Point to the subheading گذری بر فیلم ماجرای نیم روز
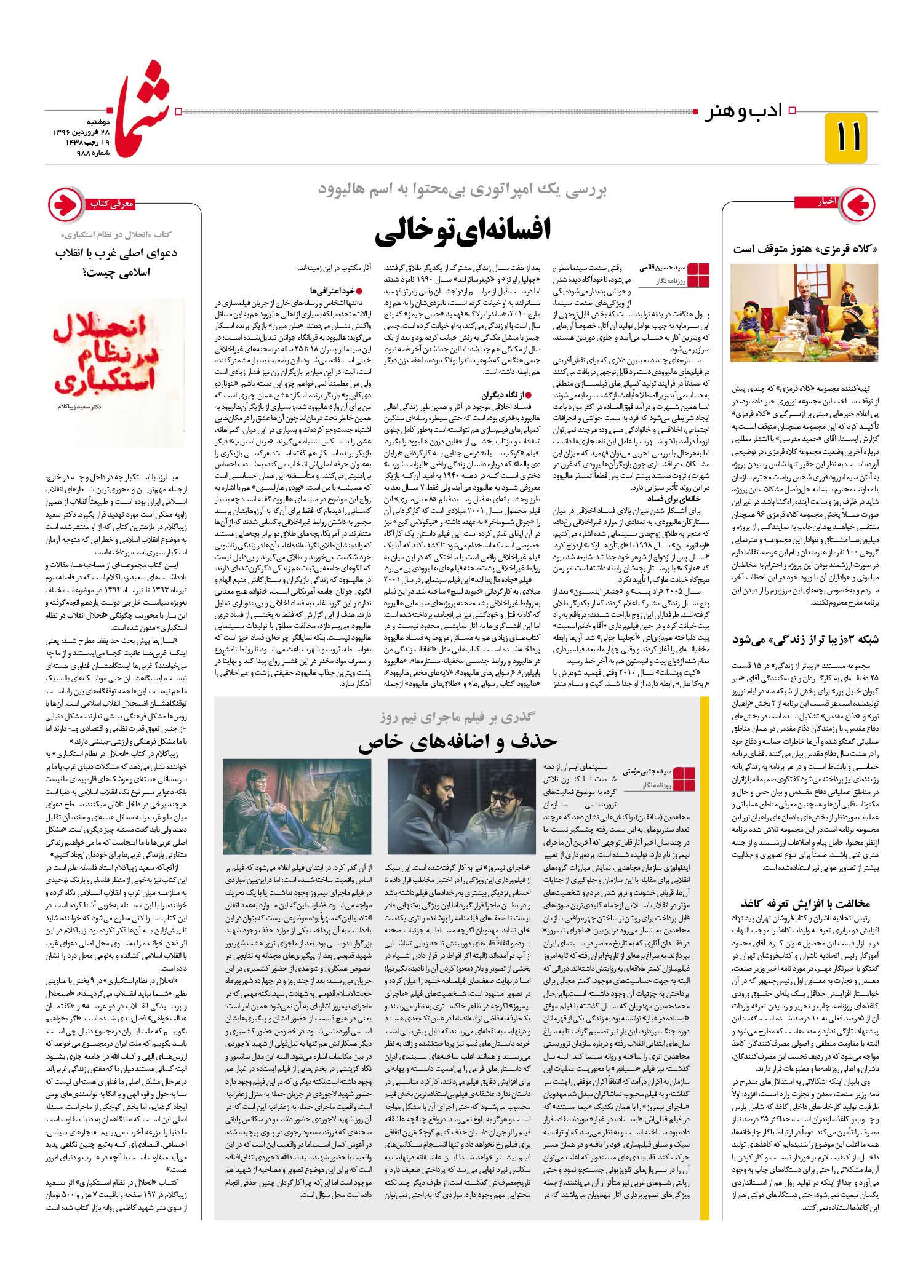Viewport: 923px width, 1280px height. pyautogui.click(x=458, y=717)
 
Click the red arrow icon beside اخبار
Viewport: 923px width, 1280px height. pyautogui.click(x=857, y=202)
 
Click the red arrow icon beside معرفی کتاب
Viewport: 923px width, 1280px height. pyautogui.click(x=65, y=203)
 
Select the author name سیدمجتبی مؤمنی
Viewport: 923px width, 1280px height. pyautogui.click(x=648, y=770)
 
